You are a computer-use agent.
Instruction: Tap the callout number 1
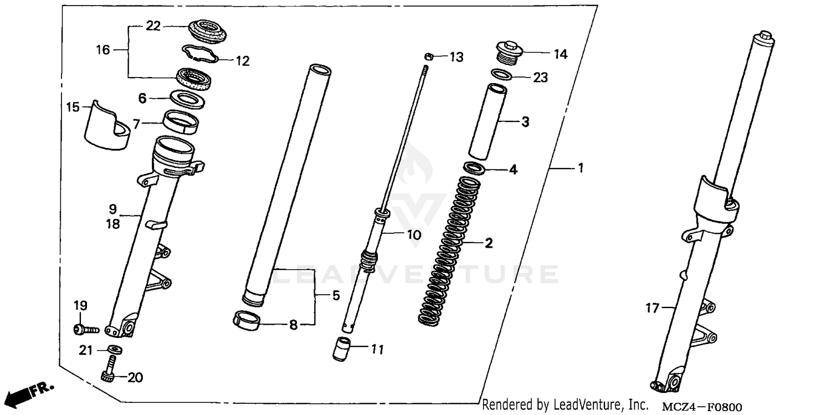tap(580, 168)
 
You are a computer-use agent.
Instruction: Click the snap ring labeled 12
tap(202, 54)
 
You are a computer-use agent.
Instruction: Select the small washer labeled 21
tap(115, 350)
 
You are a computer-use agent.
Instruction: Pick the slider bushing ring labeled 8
tap(247, 321)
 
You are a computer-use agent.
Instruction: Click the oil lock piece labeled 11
tap(343, 349)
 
